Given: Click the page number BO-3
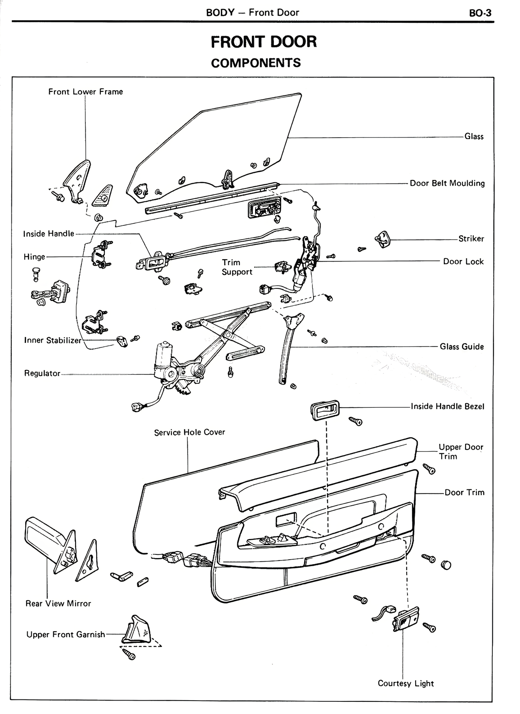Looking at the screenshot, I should pos(480,13).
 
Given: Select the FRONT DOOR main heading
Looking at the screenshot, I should pos(264,42).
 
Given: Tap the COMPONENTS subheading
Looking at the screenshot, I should pos(256,63).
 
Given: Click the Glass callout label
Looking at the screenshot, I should pos(474,137).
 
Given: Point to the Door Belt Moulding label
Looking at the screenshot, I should pos(447,184).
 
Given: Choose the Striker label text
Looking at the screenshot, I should pos(471,239).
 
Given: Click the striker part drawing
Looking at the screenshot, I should pos(382,239).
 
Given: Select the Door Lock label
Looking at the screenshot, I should pos(463,262).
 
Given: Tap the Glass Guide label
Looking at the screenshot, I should pos(461,347).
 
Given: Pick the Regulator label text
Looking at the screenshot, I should pos(42,374).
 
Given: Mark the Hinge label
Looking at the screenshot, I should pos(35,257).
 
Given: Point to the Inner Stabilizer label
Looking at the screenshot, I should pos(53,341).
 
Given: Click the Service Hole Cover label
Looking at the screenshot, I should pos(189,433).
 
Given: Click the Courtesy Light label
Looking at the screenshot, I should pos(405,684).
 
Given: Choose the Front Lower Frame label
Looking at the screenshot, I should pos(85,92).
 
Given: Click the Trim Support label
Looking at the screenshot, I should pos(237,267).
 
